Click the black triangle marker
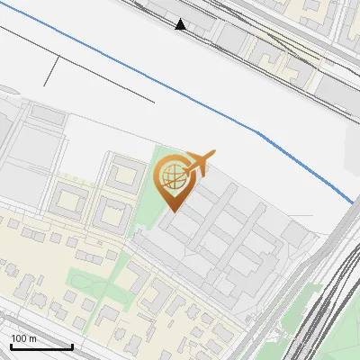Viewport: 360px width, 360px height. [x=182, y=25]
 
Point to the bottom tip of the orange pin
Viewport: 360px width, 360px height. [x=172, y=211]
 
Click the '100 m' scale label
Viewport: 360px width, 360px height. [x=24, y=338]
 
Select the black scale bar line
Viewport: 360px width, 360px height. [x=41, y=346]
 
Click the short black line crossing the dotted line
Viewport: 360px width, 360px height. [x=52, y=71]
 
